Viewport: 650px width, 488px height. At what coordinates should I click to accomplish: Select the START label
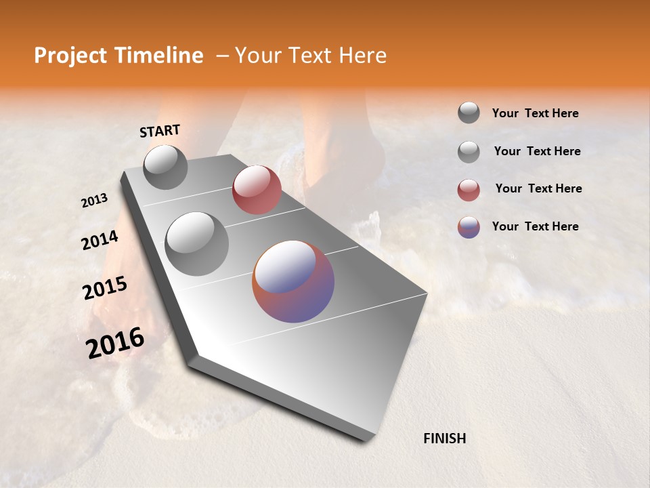[x=160, y=131]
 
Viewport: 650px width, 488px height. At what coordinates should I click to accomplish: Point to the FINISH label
[x=444, y=439]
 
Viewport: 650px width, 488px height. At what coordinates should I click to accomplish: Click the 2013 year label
[x=95, y=201]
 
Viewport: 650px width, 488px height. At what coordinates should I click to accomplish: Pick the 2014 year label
[x=100, y=241]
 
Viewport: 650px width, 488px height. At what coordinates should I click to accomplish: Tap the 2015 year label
[x=105, y=289]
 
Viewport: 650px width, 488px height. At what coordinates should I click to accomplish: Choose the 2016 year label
[x=115, y=343]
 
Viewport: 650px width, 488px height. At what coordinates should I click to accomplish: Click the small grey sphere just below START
[x=165, y=167]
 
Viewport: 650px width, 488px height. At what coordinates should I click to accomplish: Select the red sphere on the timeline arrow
[x=257, y=189]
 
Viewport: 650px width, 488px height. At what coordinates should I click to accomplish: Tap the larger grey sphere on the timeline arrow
[x=197, y=243]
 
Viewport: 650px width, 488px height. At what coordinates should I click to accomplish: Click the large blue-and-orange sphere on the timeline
[x=293, y=281]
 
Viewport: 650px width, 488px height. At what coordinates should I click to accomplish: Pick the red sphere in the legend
[x=469, y=190]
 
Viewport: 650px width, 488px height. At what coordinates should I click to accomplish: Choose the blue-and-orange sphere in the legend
[x=469, y=227]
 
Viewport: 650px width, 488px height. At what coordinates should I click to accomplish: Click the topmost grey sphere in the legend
[x=469, y=113]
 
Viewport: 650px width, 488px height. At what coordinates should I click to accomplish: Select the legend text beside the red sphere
[x=538, y=188]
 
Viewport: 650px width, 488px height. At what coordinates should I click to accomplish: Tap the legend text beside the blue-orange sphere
[x=535, y=226]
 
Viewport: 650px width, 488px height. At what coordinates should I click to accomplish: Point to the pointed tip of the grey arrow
[x=369, y=439]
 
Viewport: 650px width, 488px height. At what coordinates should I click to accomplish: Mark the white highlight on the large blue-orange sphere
[x=284, y=268]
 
